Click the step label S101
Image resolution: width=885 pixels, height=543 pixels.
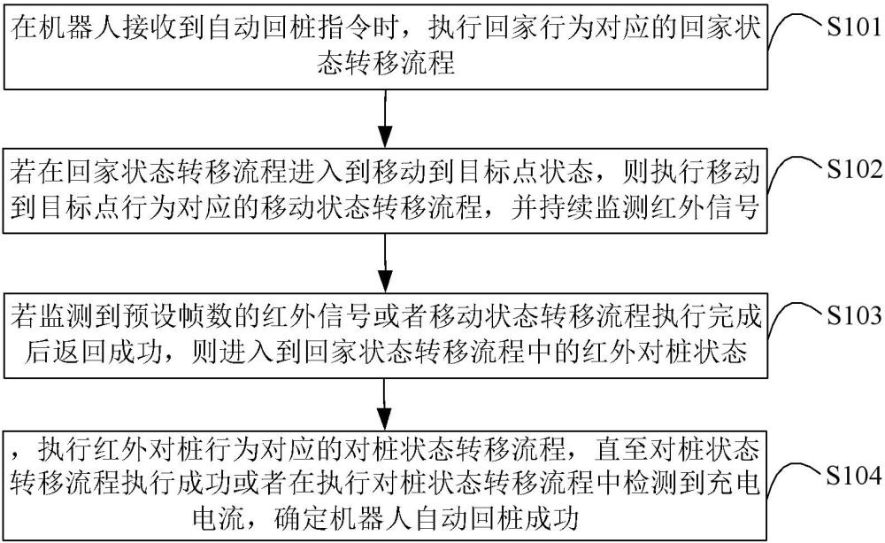[x=853, y=27]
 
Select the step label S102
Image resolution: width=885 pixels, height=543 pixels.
[x=853, y=169]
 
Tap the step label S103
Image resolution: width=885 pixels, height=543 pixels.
[x=853, y=315]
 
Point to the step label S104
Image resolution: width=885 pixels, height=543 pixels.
[x=853, y=476]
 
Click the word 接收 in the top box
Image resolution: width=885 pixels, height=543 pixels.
[x=151, y=27]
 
